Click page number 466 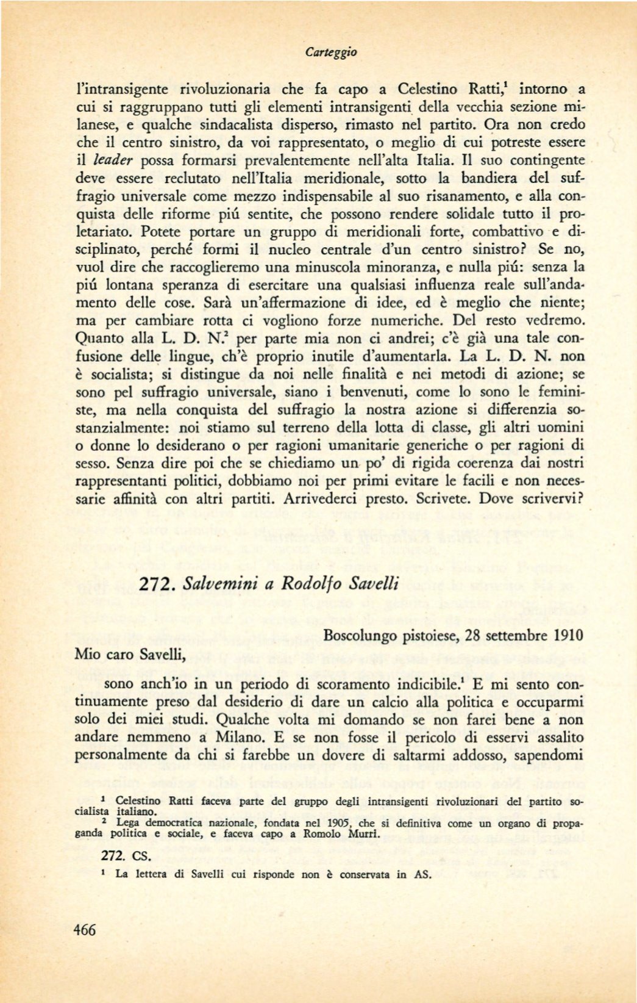point(85,930)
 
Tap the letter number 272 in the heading point(158,583)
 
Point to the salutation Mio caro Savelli point(129,655)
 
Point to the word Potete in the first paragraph point(162,232)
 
